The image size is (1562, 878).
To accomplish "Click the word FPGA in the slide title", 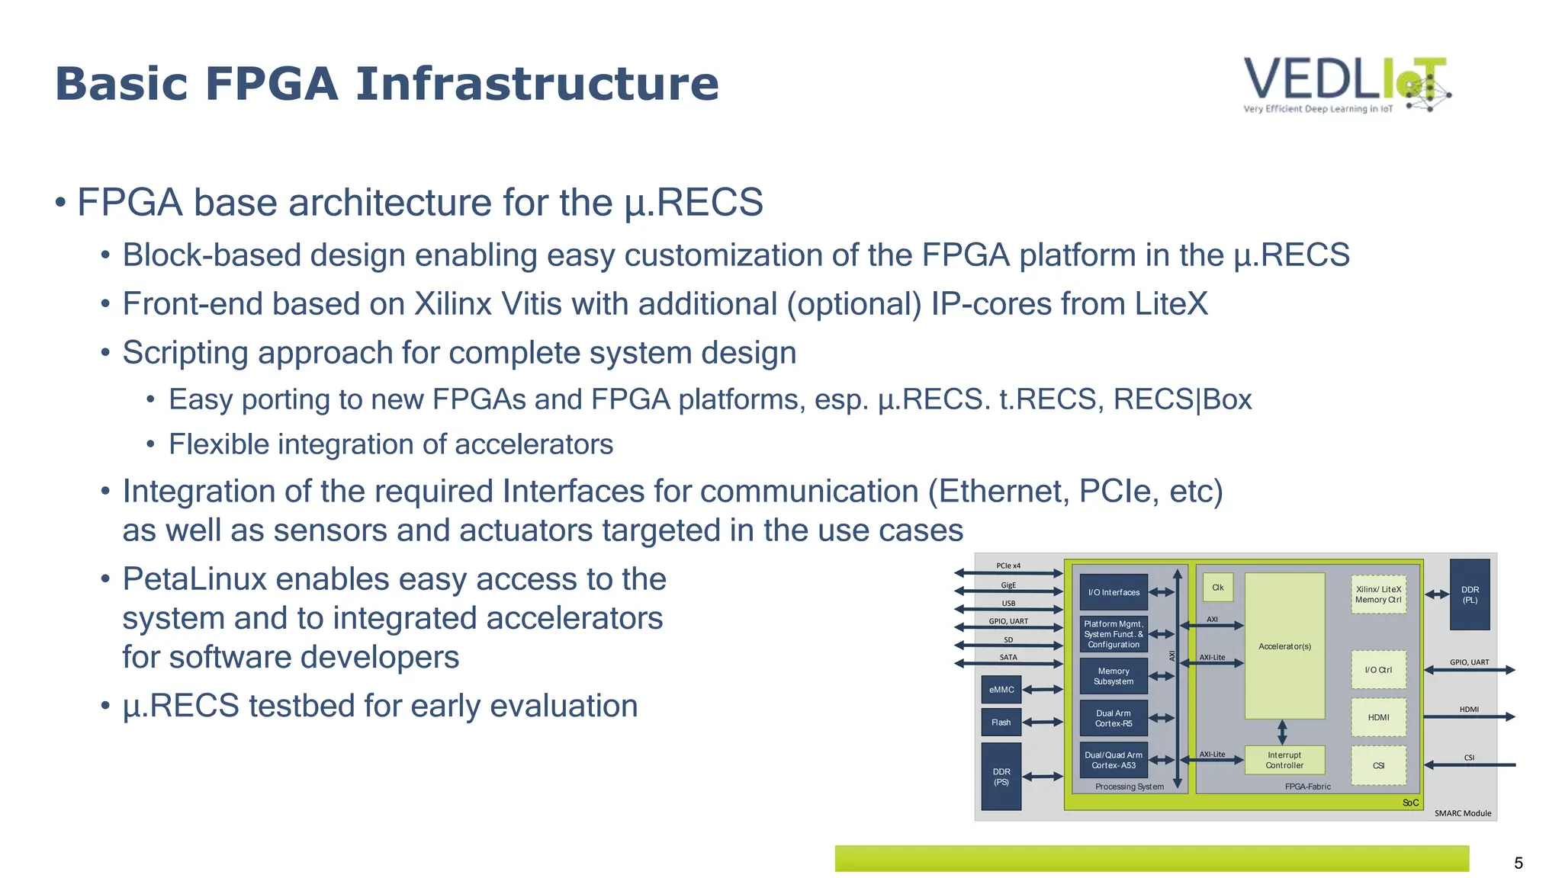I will coord(271,84).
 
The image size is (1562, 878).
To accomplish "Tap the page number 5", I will coord(1518,863).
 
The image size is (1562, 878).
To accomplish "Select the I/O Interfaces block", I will coord(1114,592).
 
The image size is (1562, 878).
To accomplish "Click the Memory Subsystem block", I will coord(1114,676).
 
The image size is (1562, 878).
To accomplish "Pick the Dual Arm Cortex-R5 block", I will coord(1114,718).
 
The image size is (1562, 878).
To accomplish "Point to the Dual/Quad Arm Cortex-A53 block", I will coord(1114,760).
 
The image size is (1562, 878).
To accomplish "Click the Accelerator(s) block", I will coord(1284,646).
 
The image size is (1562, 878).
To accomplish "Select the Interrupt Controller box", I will coord(1284,760).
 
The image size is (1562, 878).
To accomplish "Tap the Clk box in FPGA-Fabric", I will coord(1218,588).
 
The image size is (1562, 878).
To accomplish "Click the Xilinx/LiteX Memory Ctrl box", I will coord(1378,594).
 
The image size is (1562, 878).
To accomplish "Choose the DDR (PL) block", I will coord(1470,594).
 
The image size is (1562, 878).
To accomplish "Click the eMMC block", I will coord(1001,690).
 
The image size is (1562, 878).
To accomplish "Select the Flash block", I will coord(1001,723).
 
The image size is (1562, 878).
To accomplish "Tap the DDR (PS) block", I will coord(1001,777).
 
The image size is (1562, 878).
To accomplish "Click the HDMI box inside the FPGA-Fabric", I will coord(1378,717).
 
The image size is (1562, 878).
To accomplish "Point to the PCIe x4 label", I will coord(1008,566).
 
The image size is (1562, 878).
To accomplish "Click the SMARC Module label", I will coord(1462,813).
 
